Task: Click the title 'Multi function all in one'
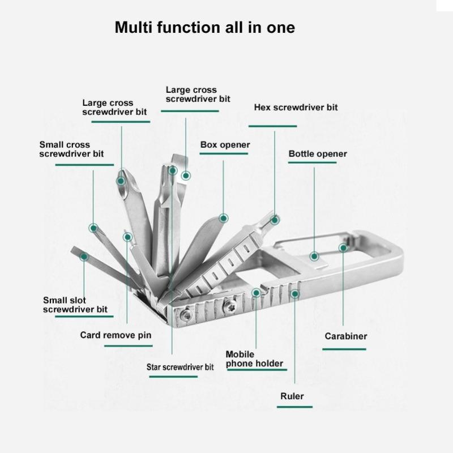(x=204, y=28)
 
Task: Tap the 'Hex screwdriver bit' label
(x=296, y=107)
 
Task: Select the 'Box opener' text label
(x=225, y=145)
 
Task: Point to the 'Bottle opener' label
(x=318, y=154)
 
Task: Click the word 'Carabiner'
(x=345, y=336)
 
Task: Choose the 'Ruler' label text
(x=292, y=396)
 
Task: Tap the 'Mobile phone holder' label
(x=254, y=359)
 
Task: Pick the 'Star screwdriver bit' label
(x=180, y=367)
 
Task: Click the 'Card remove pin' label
(x=116, y=335)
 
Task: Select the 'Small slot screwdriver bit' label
(x=75, y=305)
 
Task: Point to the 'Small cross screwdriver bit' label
(x=71, y=149)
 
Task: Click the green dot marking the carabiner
(x=343, y=247)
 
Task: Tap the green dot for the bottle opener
(x=314, y=256)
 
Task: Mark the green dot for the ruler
(x=294, y=293)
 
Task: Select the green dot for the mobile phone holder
(x=257, y=293)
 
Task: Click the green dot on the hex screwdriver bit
(x=275, y=219)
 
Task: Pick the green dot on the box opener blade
(x=224, y=218)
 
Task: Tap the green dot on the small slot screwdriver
(x=84, y=256)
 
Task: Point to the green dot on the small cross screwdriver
(x=93, y=228)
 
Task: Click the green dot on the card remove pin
(x=127, y=237)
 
